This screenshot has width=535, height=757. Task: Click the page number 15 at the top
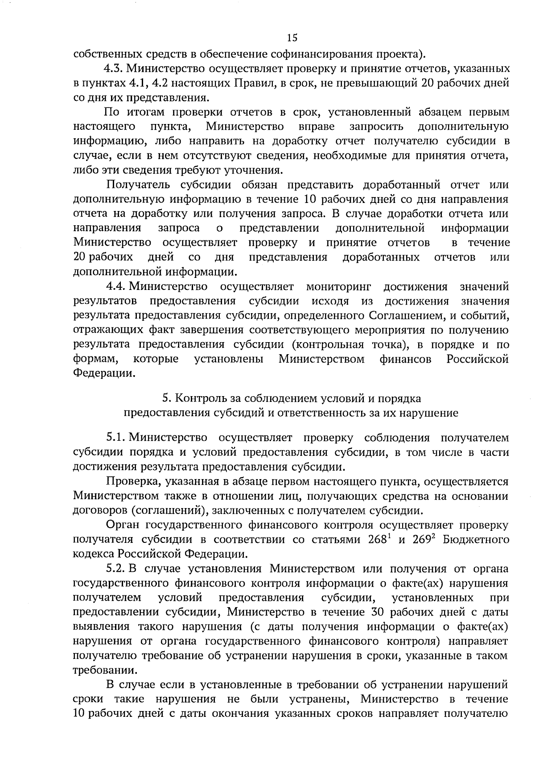(x=292, y=37)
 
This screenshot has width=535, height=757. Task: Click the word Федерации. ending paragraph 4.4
(x=103, y=373)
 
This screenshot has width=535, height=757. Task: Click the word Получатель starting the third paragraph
(x=136, y=185)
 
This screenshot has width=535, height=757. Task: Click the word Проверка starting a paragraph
(x=129, y=481)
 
